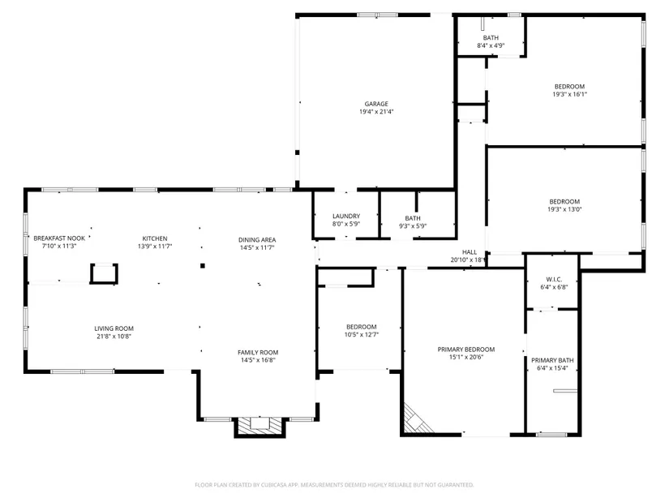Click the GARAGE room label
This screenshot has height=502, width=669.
click(x=376, y=104)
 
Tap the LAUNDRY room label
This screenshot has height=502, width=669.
click(x=346, y=216)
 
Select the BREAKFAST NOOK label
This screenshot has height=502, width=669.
click(x=59, y=238)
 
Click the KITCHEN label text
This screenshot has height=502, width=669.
click(x=155, y=238)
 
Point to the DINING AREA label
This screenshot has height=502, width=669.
click(x=257, y=240)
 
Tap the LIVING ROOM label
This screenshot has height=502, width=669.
click(x=114, y=328)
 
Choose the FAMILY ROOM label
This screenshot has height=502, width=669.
click(x=258, y=353)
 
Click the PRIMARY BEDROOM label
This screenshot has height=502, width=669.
click(x=466, y=350)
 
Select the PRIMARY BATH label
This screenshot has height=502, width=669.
click(x=552, y=360)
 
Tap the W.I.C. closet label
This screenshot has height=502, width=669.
click(x=554, y=280)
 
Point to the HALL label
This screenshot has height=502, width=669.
click(x=470, y=252)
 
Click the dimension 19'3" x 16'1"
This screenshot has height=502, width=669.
click(x=569, y=94)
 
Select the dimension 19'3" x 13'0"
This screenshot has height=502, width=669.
click(x=564, y=209)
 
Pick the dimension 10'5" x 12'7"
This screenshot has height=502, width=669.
click(x=362, y=335)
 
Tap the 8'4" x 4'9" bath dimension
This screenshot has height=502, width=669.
click(x=491, y=45)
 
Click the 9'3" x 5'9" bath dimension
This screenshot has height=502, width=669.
click(x=413, y=225)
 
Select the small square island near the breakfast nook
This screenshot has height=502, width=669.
click(x=104, y=273)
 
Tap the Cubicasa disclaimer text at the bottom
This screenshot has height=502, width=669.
click(x=334, y=485)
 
